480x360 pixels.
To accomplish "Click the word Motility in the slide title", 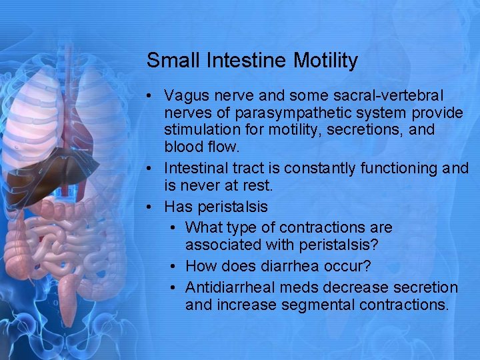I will [x=325, y=61].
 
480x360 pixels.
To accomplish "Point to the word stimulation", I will [x=202, y=129].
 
